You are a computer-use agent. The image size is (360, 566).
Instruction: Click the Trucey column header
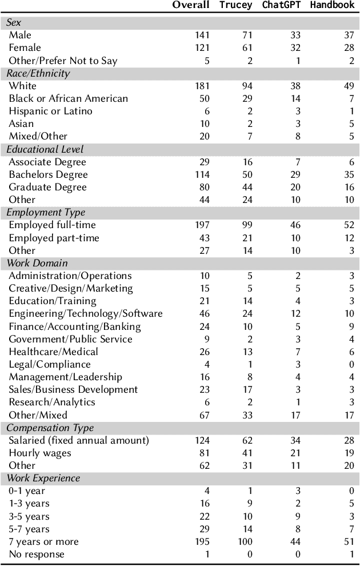point(235,6)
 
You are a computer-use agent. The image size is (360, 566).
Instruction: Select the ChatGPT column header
point(281,6)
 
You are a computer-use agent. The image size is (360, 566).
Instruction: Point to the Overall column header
point(191,6)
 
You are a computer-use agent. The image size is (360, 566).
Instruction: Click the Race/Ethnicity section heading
point(38,73)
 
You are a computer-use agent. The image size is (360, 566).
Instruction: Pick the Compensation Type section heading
point(50,428)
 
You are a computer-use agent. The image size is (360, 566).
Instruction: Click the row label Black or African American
point(68,98)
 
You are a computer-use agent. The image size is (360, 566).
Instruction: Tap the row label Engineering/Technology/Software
point(86,313)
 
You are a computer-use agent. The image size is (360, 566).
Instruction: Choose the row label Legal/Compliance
point(50,364)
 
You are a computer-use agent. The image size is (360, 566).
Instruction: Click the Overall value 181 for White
point(202,86)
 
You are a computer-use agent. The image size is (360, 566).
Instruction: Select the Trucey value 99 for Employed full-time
point(246,225)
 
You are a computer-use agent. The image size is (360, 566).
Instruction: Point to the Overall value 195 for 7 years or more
point(202,541)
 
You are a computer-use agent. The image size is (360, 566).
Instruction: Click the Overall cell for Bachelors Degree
point(202,174)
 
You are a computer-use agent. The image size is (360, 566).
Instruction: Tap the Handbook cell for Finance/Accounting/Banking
point(351,326)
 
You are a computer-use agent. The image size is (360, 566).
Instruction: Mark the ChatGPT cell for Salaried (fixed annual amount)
point(295,440)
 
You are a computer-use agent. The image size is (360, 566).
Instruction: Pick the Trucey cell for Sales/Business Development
point(246,389)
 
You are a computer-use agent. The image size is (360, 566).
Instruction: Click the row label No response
point(37,554)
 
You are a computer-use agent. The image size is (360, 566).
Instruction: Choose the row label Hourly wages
point(40,453)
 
